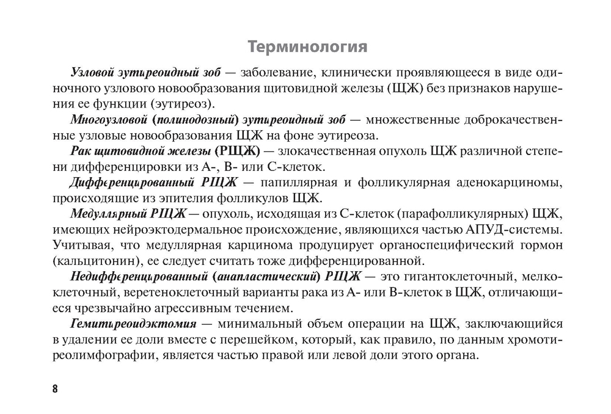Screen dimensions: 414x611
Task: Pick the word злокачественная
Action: click(x=324, y=151)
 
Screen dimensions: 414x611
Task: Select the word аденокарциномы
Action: click(x=500, y=183)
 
